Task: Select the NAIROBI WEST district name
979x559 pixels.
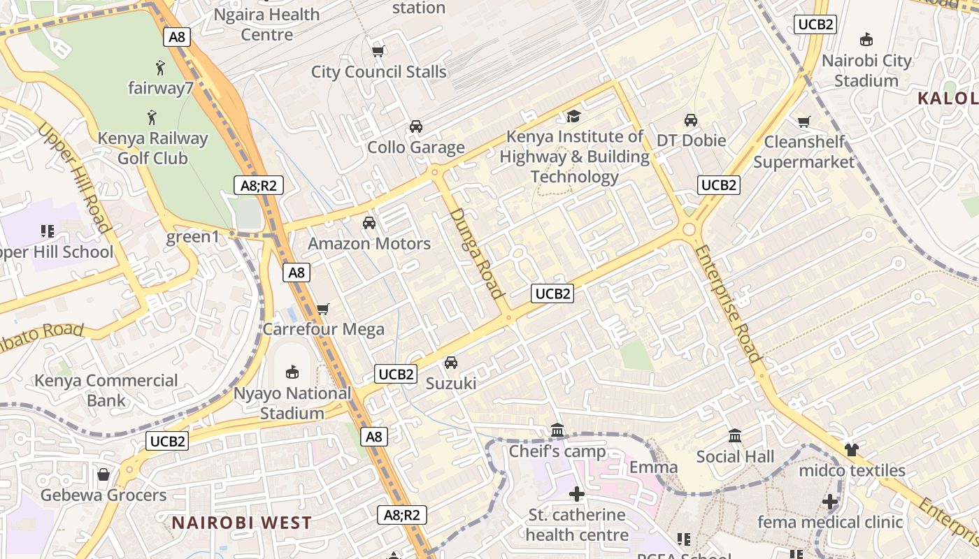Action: point(242,523)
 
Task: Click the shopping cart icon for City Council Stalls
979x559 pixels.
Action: point(378,51)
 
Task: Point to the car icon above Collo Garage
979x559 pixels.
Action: point(416,126)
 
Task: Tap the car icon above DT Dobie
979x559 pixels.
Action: point(691,120)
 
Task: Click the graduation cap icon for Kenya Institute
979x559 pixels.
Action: point(574,116)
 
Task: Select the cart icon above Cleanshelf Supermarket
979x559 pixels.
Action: point(804,122)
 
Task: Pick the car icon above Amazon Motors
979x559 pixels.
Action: point(369,223)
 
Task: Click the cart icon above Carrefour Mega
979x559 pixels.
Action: point(323,309)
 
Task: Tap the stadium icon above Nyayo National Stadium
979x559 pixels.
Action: point(292,372)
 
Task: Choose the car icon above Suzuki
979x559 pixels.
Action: point(451,363)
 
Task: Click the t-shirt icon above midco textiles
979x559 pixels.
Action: point(851,450)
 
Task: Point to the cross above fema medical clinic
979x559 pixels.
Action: point(830,502)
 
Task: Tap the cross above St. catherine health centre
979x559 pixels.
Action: point(577,495)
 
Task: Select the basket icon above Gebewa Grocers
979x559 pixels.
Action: point(103,475)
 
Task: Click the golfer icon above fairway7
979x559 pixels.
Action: point(160,68)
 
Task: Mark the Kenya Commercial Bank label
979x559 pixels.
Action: point(106,391)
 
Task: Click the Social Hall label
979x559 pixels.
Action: point(735,457)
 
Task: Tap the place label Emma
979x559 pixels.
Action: point(654,467)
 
